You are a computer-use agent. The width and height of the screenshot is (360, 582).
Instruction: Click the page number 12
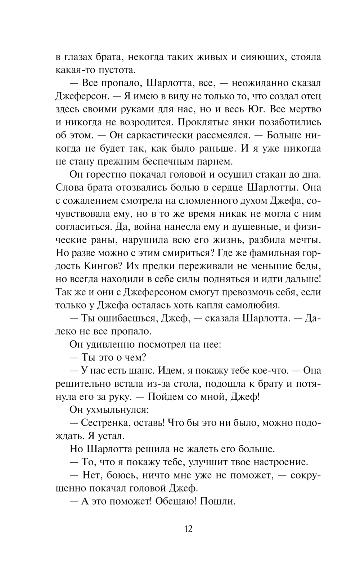coord(188,529)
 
